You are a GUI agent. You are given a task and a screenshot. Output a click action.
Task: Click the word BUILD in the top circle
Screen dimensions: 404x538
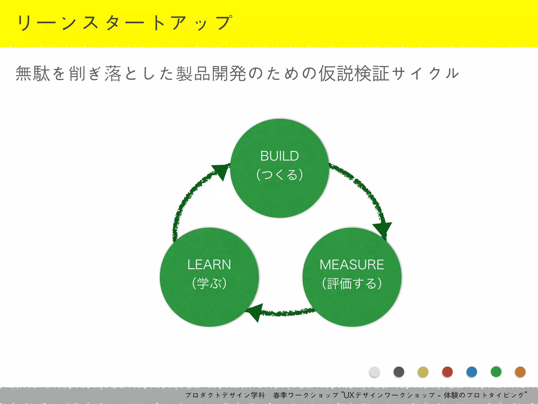[x=280, y=156]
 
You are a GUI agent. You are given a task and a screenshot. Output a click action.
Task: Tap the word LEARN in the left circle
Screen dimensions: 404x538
[x=209, y=265]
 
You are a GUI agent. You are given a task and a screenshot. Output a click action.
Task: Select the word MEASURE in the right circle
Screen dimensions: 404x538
[x=352, y=265]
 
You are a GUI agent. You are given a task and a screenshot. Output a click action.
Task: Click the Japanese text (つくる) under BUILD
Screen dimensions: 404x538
[x=280, y=175]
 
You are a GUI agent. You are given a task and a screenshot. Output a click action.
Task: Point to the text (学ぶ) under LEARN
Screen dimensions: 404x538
[x=209, y=284]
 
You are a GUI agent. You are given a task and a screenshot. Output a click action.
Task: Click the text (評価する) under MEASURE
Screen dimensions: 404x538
[x=352, y=284]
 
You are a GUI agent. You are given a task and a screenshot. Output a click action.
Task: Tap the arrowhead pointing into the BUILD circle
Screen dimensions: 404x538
[x=221, y=171]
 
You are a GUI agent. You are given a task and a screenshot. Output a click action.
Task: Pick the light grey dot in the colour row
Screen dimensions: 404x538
[x=374, y=372]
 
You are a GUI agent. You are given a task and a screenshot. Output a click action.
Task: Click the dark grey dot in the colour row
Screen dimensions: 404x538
[x=399, y=372]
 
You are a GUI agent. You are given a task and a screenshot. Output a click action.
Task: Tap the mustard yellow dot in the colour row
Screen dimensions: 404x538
[x=423, y=372]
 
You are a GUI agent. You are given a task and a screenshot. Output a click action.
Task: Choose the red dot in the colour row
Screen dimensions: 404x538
[x=447, y=372]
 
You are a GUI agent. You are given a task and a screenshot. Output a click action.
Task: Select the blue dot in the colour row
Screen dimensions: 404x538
[x=472, y=372]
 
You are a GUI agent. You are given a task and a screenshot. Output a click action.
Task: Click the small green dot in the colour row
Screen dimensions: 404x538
[x=496, y=372]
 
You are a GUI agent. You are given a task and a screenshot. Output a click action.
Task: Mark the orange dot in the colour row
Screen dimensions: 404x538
[x=520, y=372]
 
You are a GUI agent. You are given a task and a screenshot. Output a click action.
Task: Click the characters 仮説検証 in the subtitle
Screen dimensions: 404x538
[x=354, y=74]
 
